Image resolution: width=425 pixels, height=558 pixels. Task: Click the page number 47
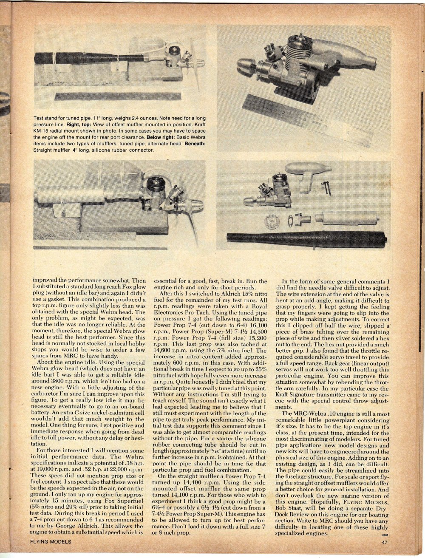(x=383, y=542)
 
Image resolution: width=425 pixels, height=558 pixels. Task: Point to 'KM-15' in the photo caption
(x=41, y=131)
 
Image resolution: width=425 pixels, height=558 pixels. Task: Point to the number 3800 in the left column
(x=52, y=391)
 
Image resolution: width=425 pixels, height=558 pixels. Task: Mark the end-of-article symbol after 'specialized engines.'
(x=385, y=532)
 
